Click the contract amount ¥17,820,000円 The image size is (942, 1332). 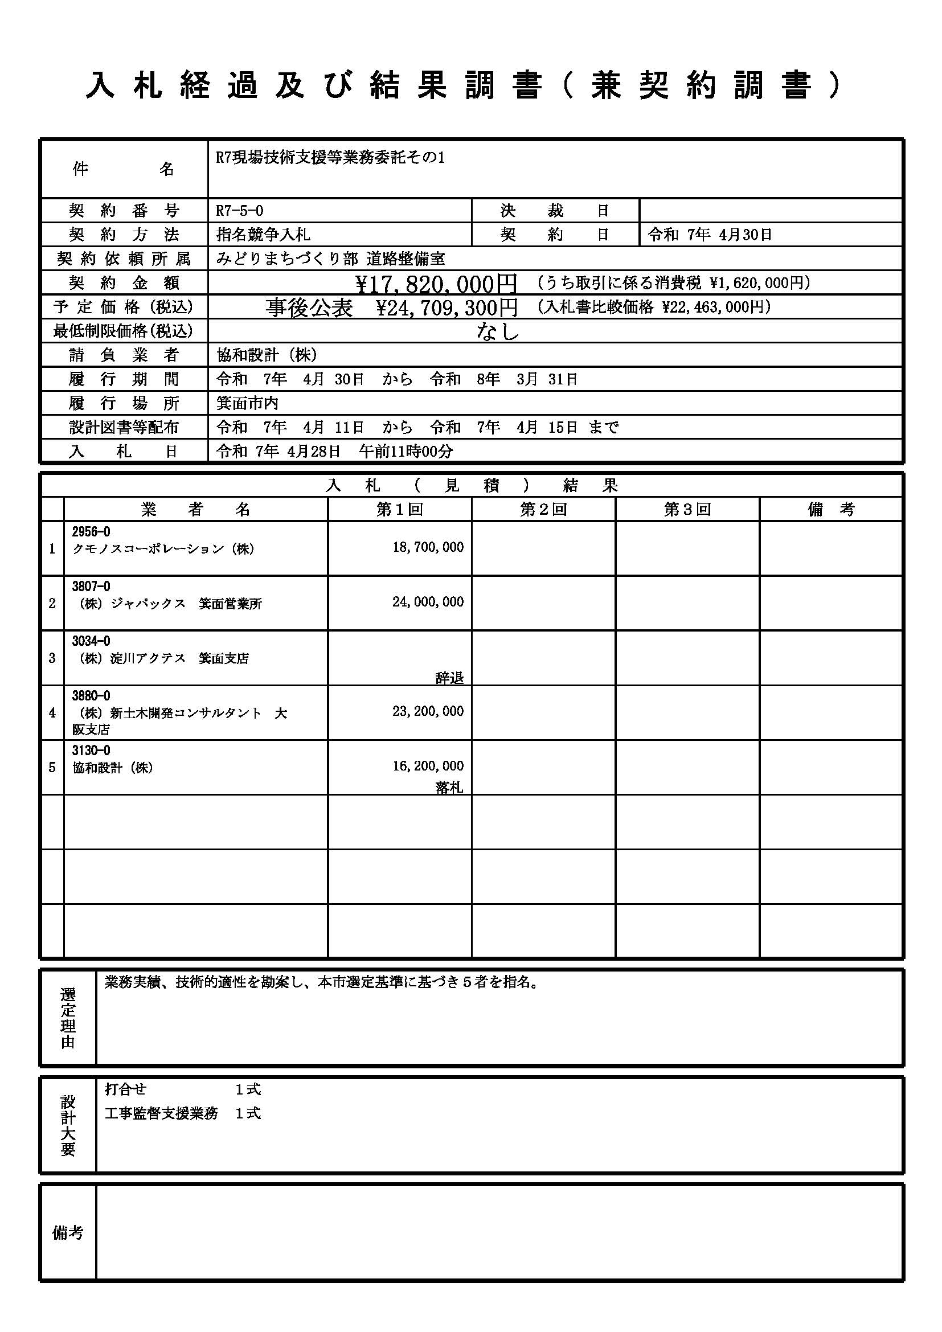coord(436,283)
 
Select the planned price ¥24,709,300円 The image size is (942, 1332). coord(447,307)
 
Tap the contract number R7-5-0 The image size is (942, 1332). coord(240,210)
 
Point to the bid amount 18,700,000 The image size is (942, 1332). coord(428,547)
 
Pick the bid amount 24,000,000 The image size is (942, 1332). coord(428,601)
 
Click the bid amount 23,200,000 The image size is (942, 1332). coord(428,711)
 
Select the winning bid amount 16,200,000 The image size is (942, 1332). coord(428,766)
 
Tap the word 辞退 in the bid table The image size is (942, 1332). coord(449,678)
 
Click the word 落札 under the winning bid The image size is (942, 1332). coord(449,787)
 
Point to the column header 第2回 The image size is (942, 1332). coord(543,509)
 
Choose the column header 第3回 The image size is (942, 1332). coord(687,509)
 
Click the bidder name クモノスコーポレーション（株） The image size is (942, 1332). coord(163,549)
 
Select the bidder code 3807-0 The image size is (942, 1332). coord(91,587)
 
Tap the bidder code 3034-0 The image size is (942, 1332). coord(91,641)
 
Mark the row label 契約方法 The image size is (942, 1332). coord(124,235)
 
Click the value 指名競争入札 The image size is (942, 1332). coord(263,235)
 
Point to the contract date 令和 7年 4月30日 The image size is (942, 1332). coord(710,235)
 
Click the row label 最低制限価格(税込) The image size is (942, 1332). coord(123,331)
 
